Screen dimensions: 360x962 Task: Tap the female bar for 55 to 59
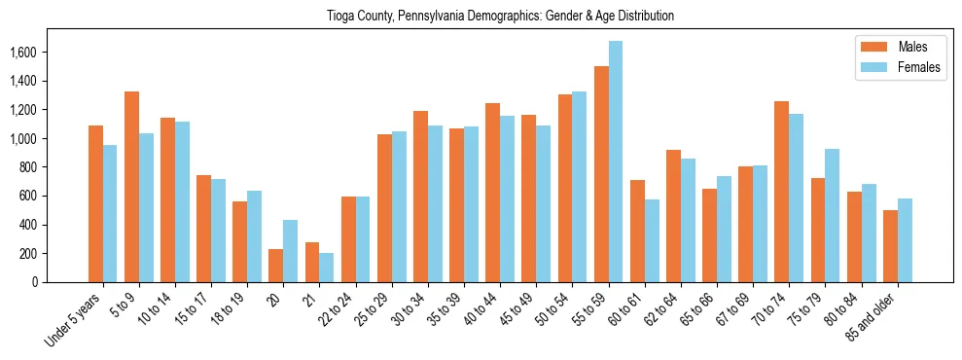(616, 162)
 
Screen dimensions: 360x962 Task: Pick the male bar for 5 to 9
(131, 187)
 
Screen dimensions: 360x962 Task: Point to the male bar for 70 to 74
(781, 192)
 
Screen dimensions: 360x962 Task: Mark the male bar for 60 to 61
(637, 231)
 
